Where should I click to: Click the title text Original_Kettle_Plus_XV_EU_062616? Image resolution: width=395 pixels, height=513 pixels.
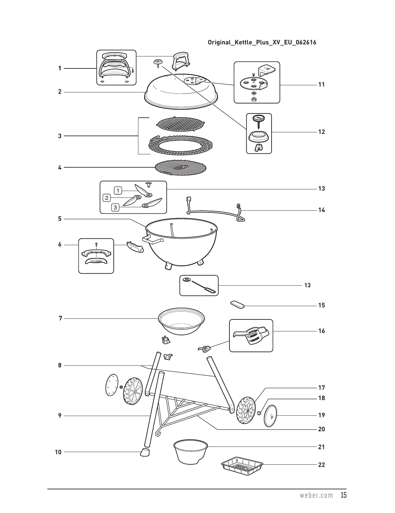(x=262, y=42)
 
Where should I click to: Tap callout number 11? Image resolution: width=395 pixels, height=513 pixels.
(x=321, y=85)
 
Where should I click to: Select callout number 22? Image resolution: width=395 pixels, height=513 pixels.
(x=321, y=465)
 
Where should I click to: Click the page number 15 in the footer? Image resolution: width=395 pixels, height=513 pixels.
(x=343, y=495)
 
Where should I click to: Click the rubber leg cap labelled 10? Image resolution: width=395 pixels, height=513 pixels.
(x=145, y=452)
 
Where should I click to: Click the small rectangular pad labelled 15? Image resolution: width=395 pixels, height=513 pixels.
(x=238, y=304)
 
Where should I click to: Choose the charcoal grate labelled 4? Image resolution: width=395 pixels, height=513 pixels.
(x=180, y=168)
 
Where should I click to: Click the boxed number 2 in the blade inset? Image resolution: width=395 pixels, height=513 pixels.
(x=107, y=197)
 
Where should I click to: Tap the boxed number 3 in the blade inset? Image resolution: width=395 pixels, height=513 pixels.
(x=115, y=207)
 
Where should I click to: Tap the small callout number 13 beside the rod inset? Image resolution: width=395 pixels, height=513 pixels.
(x=307, y=285)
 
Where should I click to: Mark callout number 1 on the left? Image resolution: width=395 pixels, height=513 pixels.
(x=60, y=68)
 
